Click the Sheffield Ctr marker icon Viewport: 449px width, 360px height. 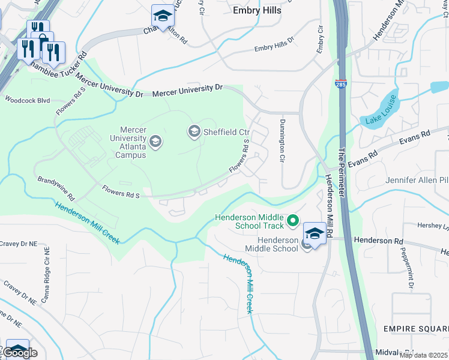[x=194, y=131]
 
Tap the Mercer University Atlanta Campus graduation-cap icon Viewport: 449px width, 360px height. [x=155, y=142]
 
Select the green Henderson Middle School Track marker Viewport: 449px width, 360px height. [x=293, y=221]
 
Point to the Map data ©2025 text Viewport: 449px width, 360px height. [x=423, y=355]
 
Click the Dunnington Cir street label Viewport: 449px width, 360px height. [x=281, y=140]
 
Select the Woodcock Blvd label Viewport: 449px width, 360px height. [x=27, y=100]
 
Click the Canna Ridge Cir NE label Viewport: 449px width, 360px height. [x=46, y=277]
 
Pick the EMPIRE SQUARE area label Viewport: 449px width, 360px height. [x=416, y=329]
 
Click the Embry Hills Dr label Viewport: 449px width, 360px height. [x=274, y=44]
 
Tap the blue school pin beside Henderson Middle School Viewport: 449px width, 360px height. [x=315, y=232]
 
